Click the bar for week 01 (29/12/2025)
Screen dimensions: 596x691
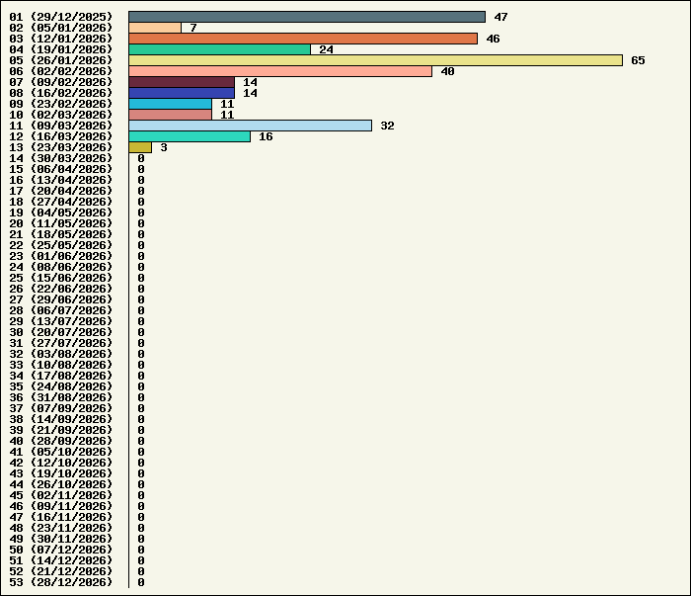[x=306, y=17]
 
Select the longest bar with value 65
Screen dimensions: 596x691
[x=375, y=60]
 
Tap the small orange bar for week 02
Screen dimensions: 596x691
[x=154, y=28]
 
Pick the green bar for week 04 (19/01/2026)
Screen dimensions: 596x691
[x=219, y=49]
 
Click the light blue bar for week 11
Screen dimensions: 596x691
[x=250, y=126]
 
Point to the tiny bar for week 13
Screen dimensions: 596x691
[x=139, y=147]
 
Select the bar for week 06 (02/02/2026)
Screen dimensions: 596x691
[x=280, y=71]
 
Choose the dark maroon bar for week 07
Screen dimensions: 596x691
[x=182, y=82]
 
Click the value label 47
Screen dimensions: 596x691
[x=500, y=17]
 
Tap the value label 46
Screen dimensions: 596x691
[x=493, y=39]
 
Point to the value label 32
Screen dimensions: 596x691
[x=387, y=126]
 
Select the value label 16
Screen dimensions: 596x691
[x=266, y=136]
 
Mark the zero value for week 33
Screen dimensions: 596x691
[x=141, y=365]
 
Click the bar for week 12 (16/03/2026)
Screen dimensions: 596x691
[x=190, y=136]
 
